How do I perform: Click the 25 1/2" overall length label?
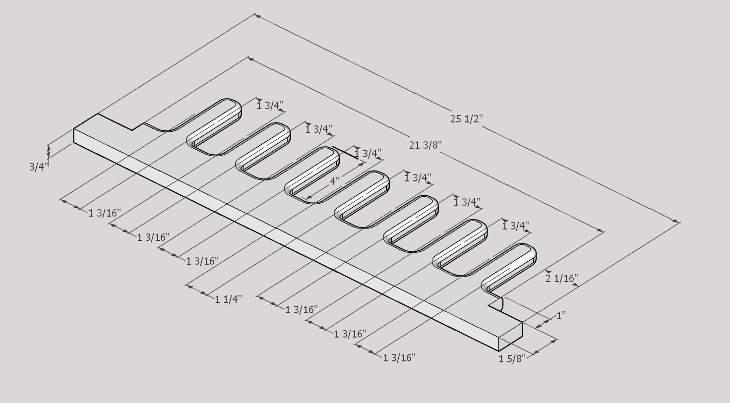(x=466, y=119)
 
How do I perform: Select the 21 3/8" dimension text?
(x=425, y=145)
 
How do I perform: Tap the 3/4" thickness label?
(x=39, y=167)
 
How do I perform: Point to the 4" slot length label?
(x=335, y=181)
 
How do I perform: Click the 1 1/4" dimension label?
(x=229, y=299)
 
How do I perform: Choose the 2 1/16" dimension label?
(x=562, y=279)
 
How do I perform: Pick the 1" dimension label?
(x=561, y=315)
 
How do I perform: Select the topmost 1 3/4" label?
(x=270, y=106)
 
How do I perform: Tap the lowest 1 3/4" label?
(x=516, y=226)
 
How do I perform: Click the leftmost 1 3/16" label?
(x=105, y=213)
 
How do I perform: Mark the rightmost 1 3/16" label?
(x=399, y=357)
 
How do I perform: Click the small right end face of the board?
(x=511, y=336)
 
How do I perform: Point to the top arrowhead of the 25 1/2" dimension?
(x=257, y=16)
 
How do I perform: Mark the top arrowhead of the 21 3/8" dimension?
(x=250, y=59)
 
